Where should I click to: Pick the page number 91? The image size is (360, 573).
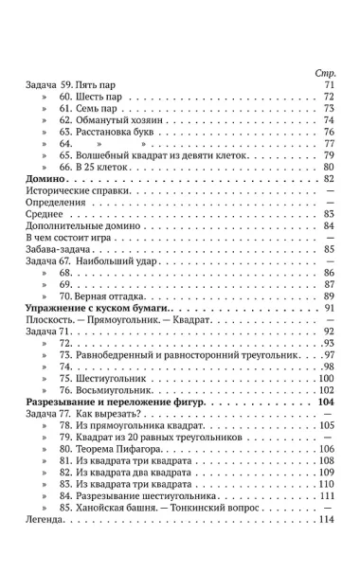331,309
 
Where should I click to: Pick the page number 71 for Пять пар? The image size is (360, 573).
331,86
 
